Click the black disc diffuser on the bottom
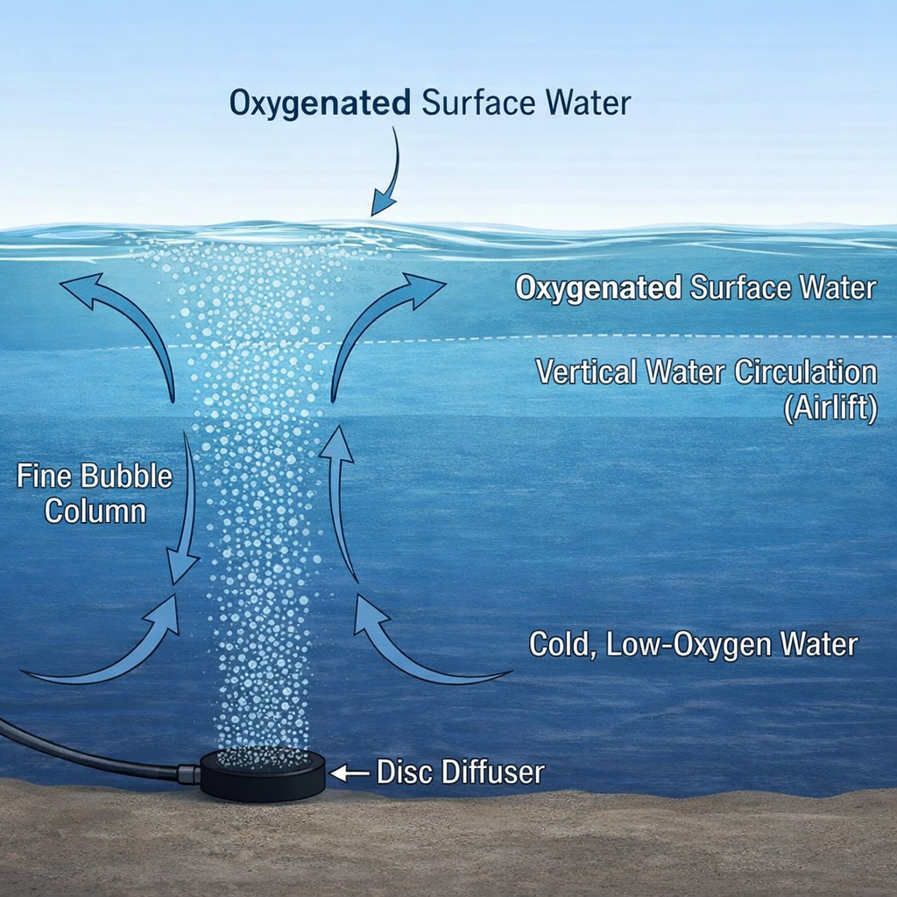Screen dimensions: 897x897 [263, 776]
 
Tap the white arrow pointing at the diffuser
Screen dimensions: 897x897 [349, 773]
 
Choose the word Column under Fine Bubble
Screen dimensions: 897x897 [95, 511]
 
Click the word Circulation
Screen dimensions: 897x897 [805, 372]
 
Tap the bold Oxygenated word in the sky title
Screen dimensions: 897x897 [320, 102]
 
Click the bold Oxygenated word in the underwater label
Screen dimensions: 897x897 [598, 288]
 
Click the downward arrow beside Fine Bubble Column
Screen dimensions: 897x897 [187, 508]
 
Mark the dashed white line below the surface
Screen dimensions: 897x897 [613, 338]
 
